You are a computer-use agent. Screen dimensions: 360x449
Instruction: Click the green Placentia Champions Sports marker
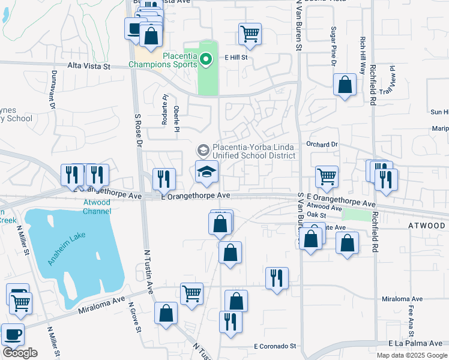pos(206,59)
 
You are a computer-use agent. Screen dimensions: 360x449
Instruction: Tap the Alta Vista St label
pos(89,67)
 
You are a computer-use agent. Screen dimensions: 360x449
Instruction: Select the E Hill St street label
pos(236,58)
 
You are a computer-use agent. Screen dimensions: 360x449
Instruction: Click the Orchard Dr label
pos(322,145)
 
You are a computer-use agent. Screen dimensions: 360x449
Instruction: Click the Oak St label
pos(316,214)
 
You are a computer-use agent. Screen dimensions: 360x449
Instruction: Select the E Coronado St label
pos(275,346)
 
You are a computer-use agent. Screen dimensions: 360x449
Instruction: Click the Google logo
pos(20,353)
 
